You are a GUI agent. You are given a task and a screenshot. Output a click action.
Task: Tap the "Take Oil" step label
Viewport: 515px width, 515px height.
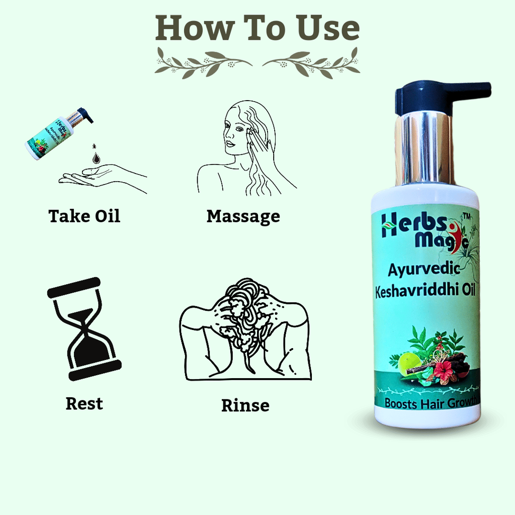point(84,216)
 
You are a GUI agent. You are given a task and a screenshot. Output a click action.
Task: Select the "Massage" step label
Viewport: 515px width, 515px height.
point(243,217)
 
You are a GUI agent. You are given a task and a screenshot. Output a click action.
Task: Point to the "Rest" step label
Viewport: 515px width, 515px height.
point(84,404)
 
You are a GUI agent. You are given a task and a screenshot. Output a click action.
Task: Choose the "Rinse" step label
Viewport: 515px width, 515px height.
point(245,405)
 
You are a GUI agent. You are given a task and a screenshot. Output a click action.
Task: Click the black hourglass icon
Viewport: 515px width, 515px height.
point(84,329)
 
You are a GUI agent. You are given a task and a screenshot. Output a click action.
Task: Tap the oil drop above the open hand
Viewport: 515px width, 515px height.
point(96,157)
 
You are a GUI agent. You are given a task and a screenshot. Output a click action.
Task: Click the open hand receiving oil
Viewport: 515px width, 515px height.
point(103,178)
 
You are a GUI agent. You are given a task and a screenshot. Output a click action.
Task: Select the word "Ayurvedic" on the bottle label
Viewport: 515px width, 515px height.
point(424,270)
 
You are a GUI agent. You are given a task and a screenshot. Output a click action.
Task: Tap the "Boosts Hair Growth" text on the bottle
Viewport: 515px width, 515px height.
point(431,403)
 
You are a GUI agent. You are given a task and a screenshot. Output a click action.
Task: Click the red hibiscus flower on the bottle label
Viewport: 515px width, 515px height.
point(443,368)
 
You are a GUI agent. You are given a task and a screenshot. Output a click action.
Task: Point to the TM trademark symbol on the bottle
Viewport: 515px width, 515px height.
point(466,216)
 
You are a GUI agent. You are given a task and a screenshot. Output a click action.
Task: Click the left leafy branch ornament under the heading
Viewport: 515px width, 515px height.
point(204,63)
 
